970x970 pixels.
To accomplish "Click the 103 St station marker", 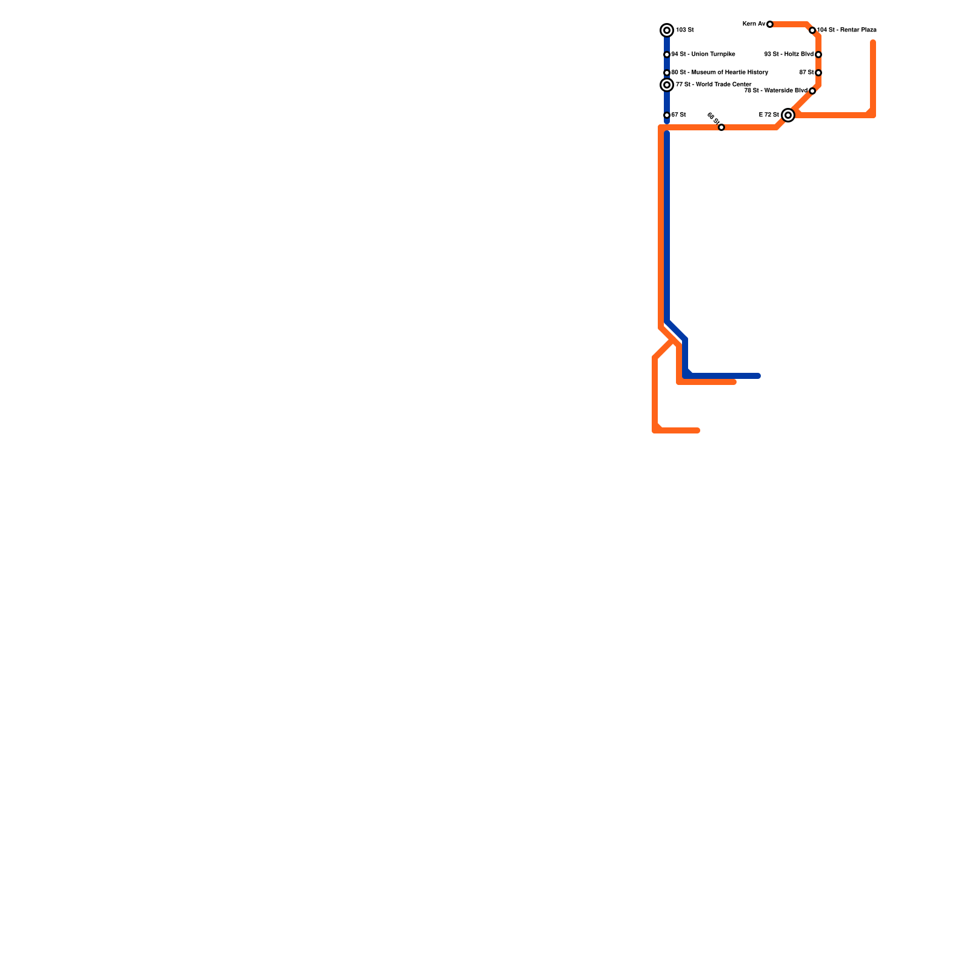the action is click(667, 30).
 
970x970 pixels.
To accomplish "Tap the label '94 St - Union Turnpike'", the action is click(703, 55).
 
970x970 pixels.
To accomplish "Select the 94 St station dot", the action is click(667, 55).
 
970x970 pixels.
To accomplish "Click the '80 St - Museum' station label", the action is click(720, 73).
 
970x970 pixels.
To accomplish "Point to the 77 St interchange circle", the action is click(667, 85).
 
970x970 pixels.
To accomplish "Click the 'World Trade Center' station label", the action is click(714, 85).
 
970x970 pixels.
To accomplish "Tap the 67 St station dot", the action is click(667, 115).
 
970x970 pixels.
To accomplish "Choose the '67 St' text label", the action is click(679, 115).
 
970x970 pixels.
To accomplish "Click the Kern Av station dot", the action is click(770, 24).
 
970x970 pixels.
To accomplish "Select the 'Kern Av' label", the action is click(754, 24).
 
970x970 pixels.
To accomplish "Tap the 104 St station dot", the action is click(812, 30).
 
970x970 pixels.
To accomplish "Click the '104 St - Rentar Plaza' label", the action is click(847, 30).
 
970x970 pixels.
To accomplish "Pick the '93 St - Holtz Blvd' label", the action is click(789, 55).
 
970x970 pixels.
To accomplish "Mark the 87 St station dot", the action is click(818, 73).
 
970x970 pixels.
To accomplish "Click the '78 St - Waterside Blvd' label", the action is click(776, 91).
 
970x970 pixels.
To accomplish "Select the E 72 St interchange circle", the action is click(788, 115).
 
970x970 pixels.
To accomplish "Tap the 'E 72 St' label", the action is click(769, 115).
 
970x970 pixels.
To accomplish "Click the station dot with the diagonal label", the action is click(721, 127).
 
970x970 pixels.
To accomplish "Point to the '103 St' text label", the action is click(685, 30).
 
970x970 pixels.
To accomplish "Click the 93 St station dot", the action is click(818, 55).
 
